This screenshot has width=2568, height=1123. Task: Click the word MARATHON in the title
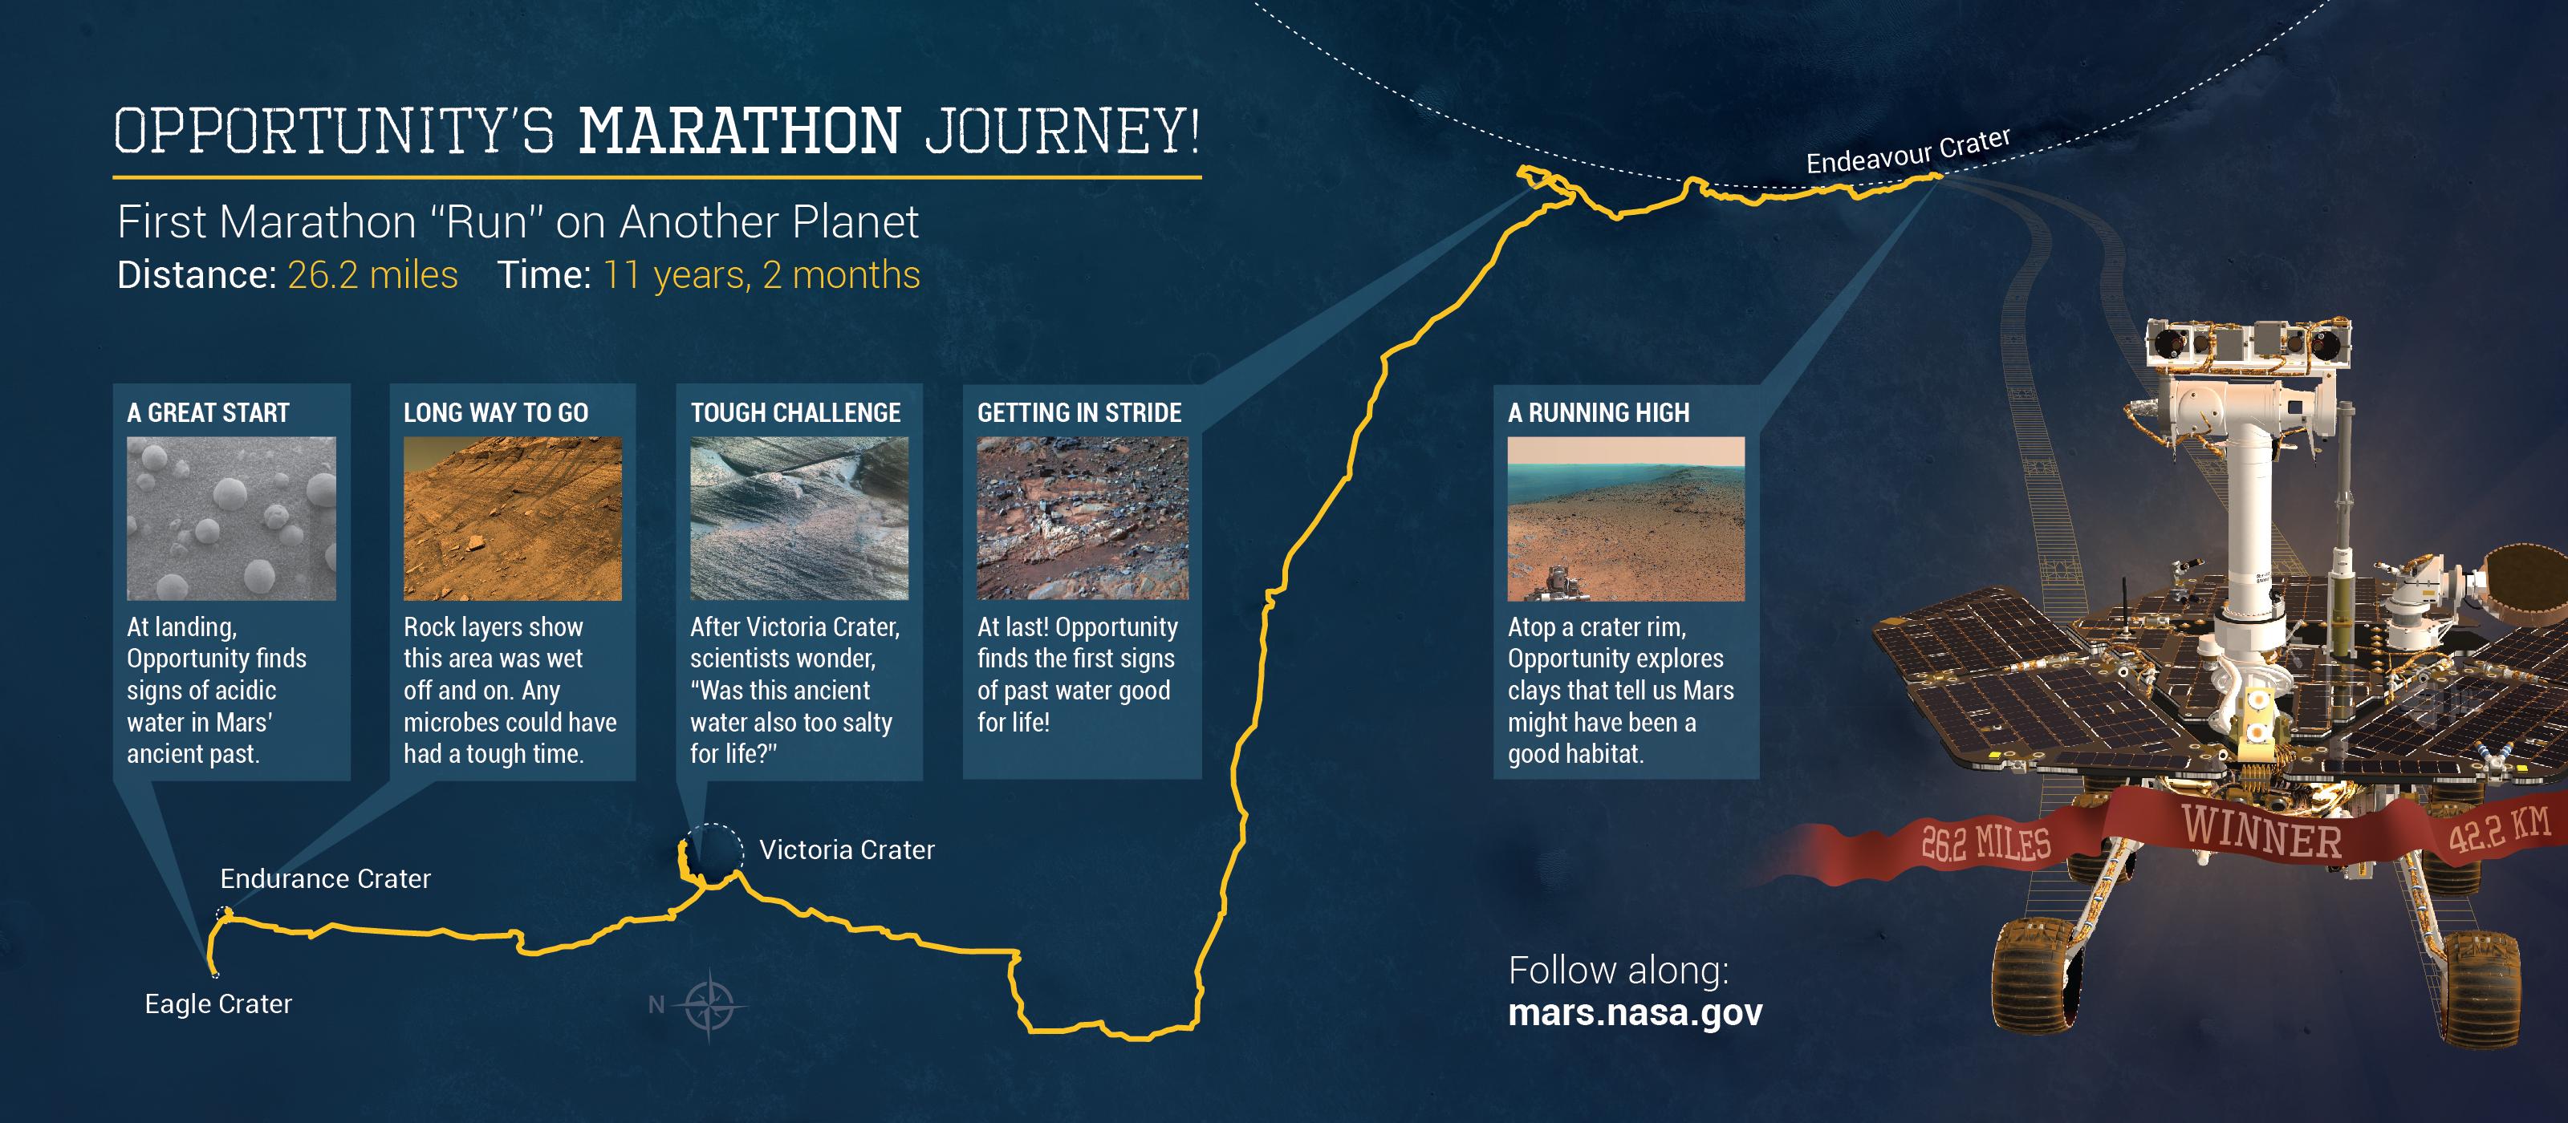[x=740, y=132]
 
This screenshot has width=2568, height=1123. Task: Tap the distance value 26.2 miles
[x=373, y=275]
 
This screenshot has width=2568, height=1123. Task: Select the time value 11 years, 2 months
[x=762, y=275]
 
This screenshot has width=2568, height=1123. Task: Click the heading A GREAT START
[x=209, y=412]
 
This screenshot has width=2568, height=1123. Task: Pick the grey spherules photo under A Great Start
[x=231, y=518]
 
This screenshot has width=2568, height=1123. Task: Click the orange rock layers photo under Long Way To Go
[x=513, y=518]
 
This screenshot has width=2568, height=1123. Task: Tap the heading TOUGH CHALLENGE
[x=795, y=412]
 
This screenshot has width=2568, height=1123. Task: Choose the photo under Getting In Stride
[x=1083, y=518]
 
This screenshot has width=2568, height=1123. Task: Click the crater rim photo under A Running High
[x=1626, y=518]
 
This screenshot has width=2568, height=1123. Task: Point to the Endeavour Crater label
[x=1908, y=152]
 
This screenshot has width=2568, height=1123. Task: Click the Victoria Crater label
[x=847, y=850]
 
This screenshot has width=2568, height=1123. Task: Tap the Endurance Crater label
[x=325, y=879]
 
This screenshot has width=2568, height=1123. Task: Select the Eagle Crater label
[x=218, y=1003]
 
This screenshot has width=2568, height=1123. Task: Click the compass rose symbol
[x=709, y=1004]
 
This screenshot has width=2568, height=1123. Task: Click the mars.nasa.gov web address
[x=1635, y=1012]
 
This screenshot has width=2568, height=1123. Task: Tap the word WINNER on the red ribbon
[x=2261, y=830]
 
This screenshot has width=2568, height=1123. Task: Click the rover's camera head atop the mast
[x=2248, y=345]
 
